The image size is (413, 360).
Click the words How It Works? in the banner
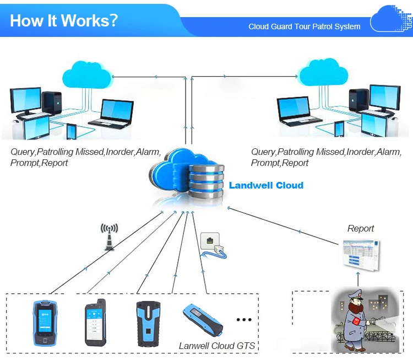pyautogui.click(x=64, y=20)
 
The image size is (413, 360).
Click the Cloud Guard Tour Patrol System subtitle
pyautogui.click(x=305, y=26)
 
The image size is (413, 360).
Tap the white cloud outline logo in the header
pyautogui.click(x=390, y=19)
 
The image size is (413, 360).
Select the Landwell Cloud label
pyautogui.click(x=266, y=185)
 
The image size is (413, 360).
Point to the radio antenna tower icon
pyautogui.click(x=109, y=237)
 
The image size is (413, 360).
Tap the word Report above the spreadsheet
pyautogui.click(x=361, y=228)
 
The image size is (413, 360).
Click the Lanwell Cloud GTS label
pyautogui.click(x=217, y=346)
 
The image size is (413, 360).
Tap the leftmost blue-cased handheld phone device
pyautogui.click(x=45, y=323)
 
